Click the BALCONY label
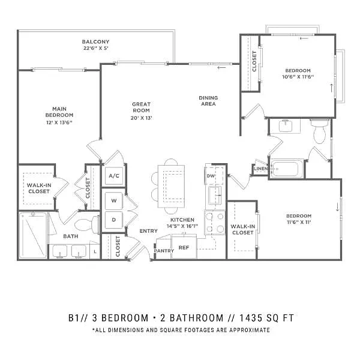pos(95,42)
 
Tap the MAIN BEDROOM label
pos(59,112)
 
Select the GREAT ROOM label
pos(141,107)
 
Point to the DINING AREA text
pos(208,101)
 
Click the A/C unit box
pos(114,176)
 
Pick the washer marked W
pos(113,200)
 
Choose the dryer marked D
pos(113,220)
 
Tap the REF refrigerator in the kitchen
pos(184,247)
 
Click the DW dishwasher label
pos(211,176)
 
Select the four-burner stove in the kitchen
pos(215,222)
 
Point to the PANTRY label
pos(164,251)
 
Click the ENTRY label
pos(149,231)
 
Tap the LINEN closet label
pos(260,169)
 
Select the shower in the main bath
pos(33,235)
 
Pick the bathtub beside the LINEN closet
pos(287,169)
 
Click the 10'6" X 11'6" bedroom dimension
pos(298,77)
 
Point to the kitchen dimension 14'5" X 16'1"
pos(182,226)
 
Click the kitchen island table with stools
pos(171,186)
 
